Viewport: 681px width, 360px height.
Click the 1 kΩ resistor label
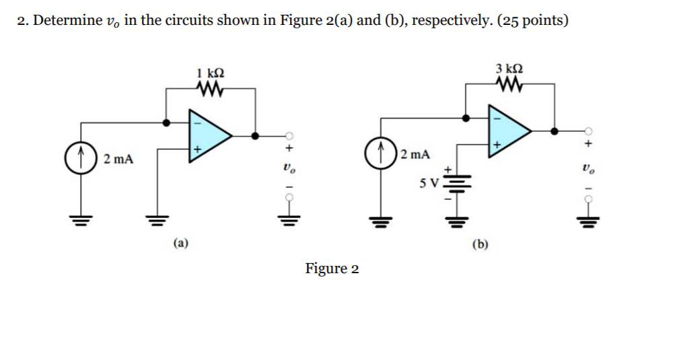point(211,72)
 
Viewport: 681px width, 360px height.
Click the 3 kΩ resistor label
point(509,69)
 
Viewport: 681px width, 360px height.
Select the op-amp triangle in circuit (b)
point(509,128)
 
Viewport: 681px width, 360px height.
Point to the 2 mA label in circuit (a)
point(118,159)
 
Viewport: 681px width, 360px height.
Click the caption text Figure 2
point(332,269)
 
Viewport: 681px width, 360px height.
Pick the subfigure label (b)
point(480,243)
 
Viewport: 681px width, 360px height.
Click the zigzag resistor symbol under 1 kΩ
point(211,87)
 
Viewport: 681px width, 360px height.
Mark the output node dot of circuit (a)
point(254,135)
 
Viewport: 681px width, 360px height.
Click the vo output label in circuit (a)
point(289,168)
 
